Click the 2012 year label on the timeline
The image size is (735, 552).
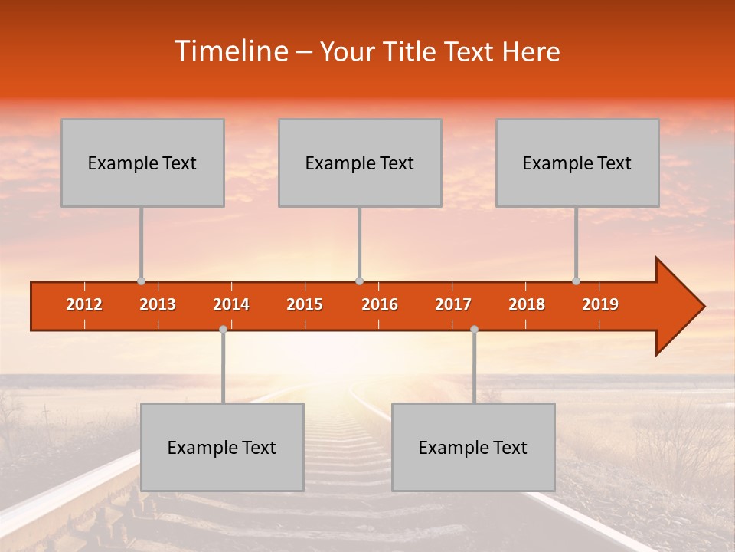84,304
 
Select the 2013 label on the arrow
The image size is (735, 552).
158,304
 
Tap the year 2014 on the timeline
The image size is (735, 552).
231,304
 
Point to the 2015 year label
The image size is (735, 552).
305,304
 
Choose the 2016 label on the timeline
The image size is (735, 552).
380,304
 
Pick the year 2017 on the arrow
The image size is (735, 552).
453,304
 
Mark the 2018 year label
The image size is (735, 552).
527,304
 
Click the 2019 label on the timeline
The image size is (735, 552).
600,304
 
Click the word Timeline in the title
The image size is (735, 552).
230,51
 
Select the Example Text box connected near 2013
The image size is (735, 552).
142,163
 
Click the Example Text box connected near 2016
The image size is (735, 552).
360,163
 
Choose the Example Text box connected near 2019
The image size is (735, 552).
577,163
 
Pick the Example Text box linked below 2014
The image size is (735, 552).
222,447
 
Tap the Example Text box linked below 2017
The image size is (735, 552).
473,447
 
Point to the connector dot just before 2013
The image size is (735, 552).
141,281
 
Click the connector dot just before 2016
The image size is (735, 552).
359,281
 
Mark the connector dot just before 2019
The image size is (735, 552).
576,281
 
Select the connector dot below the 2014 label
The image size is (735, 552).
223,329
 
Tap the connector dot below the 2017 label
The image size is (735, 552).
474,329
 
